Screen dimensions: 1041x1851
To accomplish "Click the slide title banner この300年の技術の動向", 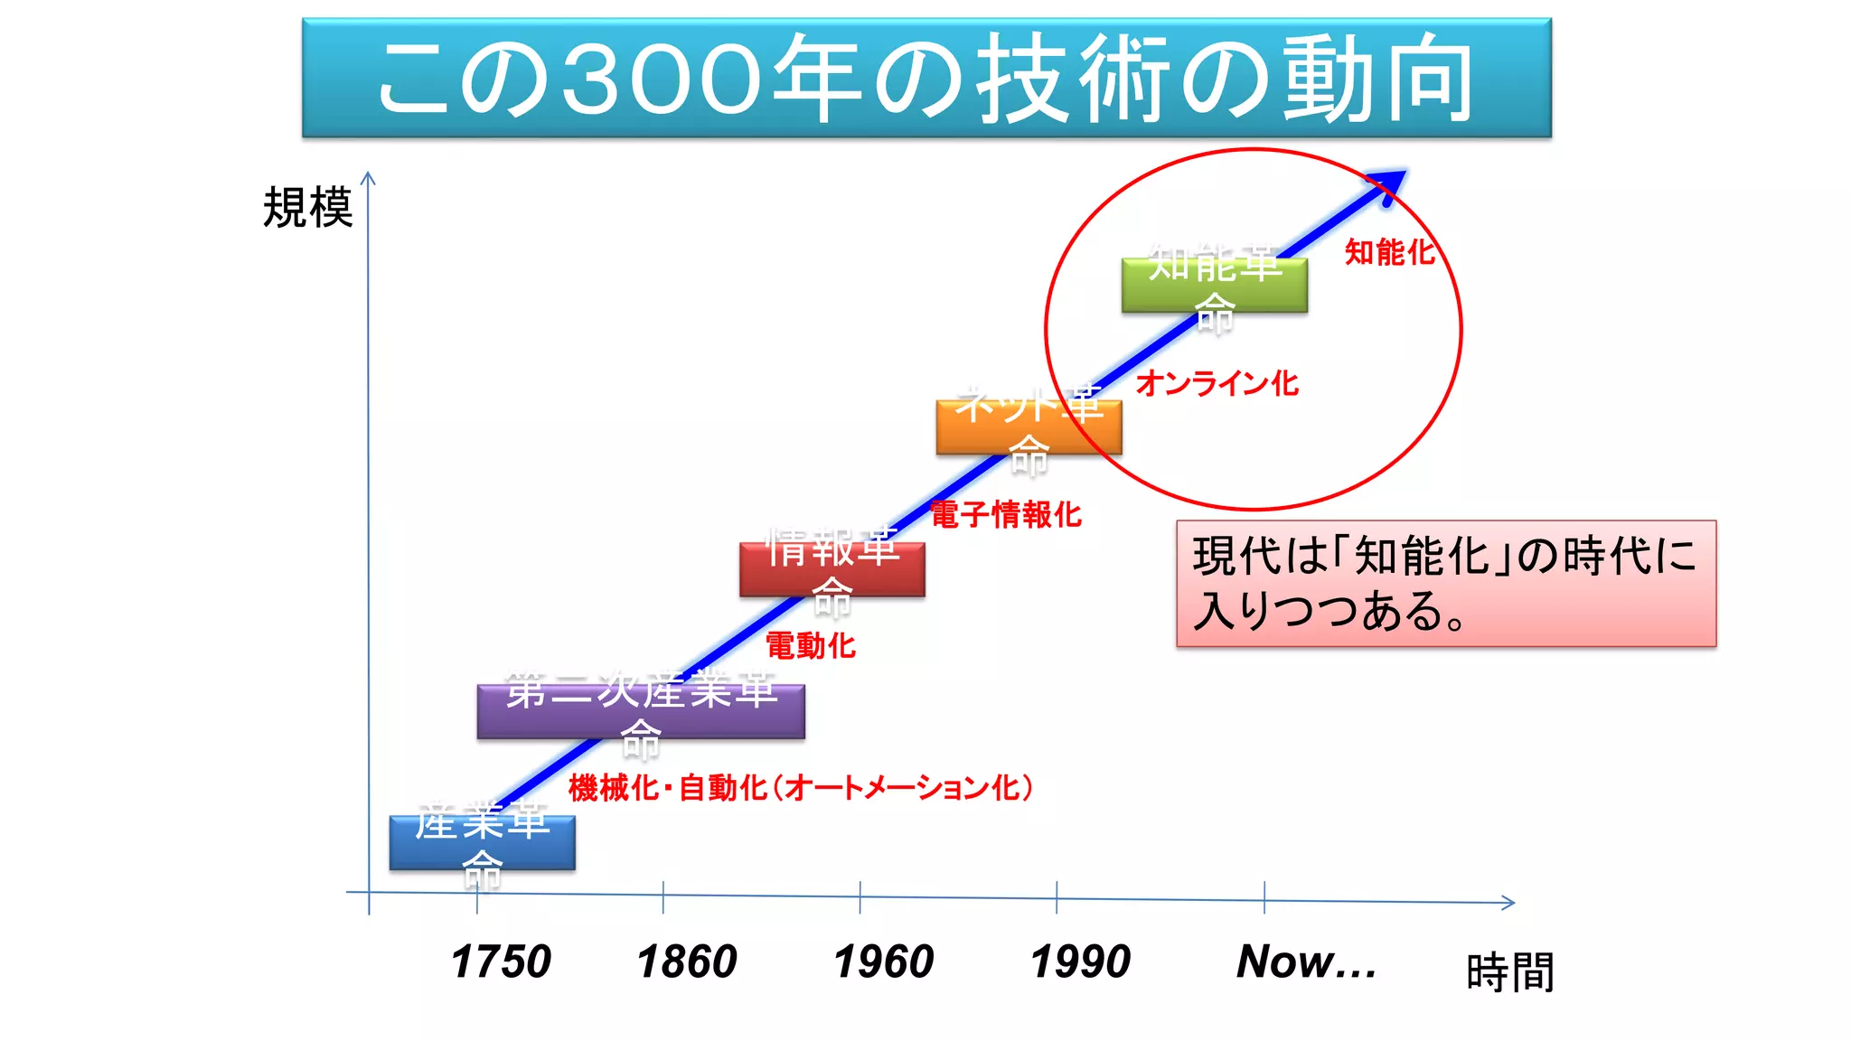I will click(x=926, y=78).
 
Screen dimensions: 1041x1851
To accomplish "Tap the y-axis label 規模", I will click(x=307, y=208).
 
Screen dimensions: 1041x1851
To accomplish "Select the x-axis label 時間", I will click(x=1509, y=972).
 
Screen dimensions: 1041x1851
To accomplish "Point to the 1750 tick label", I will click(x=501, y=961).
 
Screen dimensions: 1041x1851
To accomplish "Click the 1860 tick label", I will click(x=687, y=961).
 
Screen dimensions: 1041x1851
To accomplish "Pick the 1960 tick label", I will click(x=884, y=961).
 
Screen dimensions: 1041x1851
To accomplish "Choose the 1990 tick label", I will click(x=1080, y=961).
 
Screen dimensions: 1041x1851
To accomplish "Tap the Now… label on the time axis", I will click(x=1306, y=961).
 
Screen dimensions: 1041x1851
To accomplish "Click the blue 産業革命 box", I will click(x=482, y=843).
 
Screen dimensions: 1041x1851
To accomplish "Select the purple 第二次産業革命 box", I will click(x=641, y=712).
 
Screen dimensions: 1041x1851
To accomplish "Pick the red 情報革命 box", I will click(x=832, y=569).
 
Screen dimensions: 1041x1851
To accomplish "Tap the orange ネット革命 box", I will click(x=1029, y=427).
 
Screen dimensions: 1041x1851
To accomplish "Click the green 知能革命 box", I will click(x=1214, y=286).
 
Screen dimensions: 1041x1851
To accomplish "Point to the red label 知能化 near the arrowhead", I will click(x=1389, y=252).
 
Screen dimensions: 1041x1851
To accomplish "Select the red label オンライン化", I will click(x=1217, y=383).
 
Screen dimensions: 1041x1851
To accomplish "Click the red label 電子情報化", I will click(x=1006, y=514).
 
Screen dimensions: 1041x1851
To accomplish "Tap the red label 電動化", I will click(x=811, y=645).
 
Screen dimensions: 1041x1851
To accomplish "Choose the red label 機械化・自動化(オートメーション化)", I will click(x=801, y=788).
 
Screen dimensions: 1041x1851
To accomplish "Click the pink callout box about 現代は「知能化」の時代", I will click(x=1445, y=584).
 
